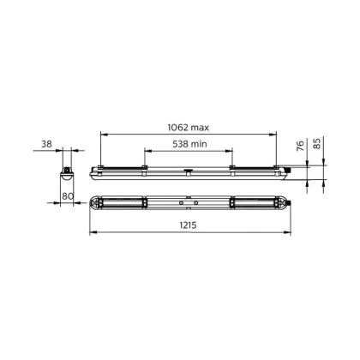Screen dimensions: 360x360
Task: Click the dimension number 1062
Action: tap(178, 127)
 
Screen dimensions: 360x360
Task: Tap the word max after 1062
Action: tap(200, 128)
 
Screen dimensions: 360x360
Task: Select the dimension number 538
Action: tap(180, 144)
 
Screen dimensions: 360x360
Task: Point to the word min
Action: tap(199, 144)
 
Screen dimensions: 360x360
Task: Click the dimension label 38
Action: tap(47, 144)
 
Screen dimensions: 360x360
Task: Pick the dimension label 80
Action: tap(68, 196)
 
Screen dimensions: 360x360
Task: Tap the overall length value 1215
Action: tap(188, 225)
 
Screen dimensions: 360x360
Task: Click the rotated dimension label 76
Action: tap(300, 146)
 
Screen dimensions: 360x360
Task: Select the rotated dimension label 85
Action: tap(317, 143)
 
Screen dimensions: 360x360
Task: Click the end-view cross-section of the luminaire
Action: tap(67, 174)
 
